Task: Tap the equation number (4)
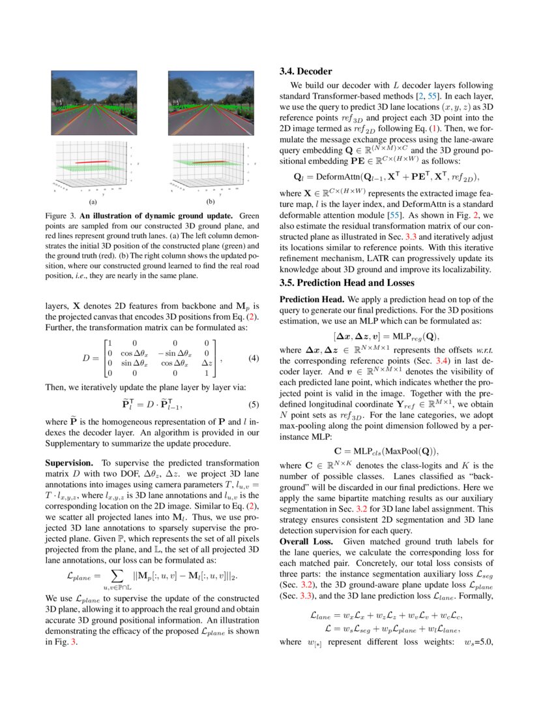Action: (x=255, y=358)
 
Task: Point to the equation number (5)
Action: (x=255, y=404)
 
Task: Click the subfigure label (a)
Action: (x=93, y=202)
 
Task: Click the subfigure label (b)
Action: (x=210, y=202)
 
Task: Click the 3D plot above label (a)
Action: (x=93, y=166)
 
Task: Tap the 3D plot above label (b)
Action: (x=210, y=166)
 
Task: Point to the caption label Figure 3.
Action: (x=61, y=215)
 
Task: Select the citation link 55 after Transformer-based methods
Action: (x=432, y=96)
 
